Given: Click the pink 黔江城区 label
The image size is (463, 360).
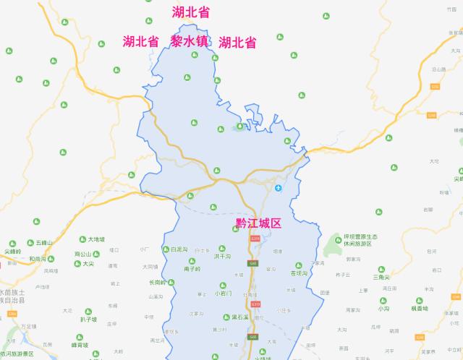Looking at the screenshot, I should pos(258,223).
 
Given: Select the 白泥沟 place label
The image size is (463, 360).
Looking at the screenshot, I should pos(178,249).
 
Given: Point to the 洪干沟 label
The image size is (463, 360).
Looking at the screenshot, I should pos(222,257).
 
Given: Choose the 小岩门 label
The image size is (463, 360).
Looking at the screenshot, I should pos(224,293).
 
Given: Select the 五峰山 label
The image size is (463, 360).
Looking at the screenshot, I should pos(40,243).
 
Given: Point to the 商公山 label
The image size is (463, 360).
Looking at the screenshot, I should pos(83,254).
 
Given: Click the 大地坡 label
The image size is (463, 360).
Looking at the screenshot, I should pos(95,239).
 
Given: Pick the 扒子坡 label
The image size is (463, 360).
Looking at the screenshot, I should pos(89,319).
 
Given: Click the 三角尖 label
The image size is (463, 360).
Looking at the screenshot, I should pos(381,278).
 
